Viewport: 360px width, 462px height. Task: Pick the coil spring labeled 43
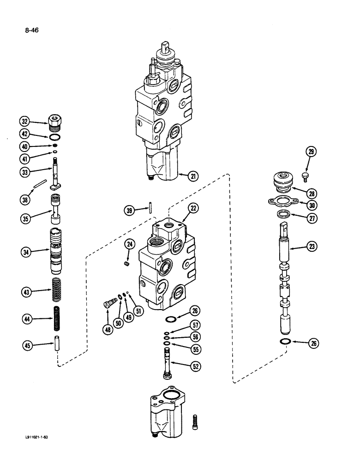tap(57, 291)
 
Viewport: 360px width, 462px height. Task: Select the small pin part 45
tap(56, 345)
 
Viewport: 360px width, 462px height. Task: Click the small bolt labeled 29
tap(305, 176)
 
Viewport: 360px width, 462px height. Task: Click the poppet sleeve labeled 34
tap(56, 252)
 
